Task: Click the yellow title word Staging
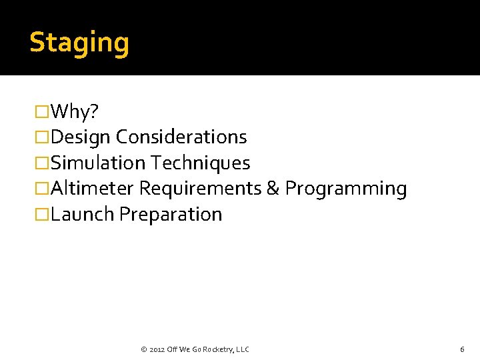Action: (79, 43)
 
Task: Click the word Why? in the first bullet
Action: (73, 111)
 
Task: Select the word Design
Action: (81, 137)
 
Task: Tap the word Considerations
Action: (181, 137)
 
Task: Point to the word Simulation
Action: (98, 163)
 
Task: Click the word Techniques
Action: (201, 163)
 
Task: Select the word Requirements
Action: (200, 189)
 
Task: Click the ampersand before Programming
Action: (273, 189)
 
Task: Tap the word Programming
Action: (346, 189)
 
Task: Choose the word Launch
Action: (83, 215)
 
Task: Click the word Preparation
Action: (171, 215)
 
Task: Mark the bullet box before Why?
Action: (41, 111)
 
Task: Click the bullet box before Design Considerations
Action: (41, 137)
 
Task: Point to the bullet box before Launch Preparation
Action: (41, 215)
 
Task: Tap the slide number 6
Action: (462, 349)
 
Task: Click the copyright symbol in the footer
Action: (144, 349)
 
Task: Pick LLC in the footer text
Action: (243, 349)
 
